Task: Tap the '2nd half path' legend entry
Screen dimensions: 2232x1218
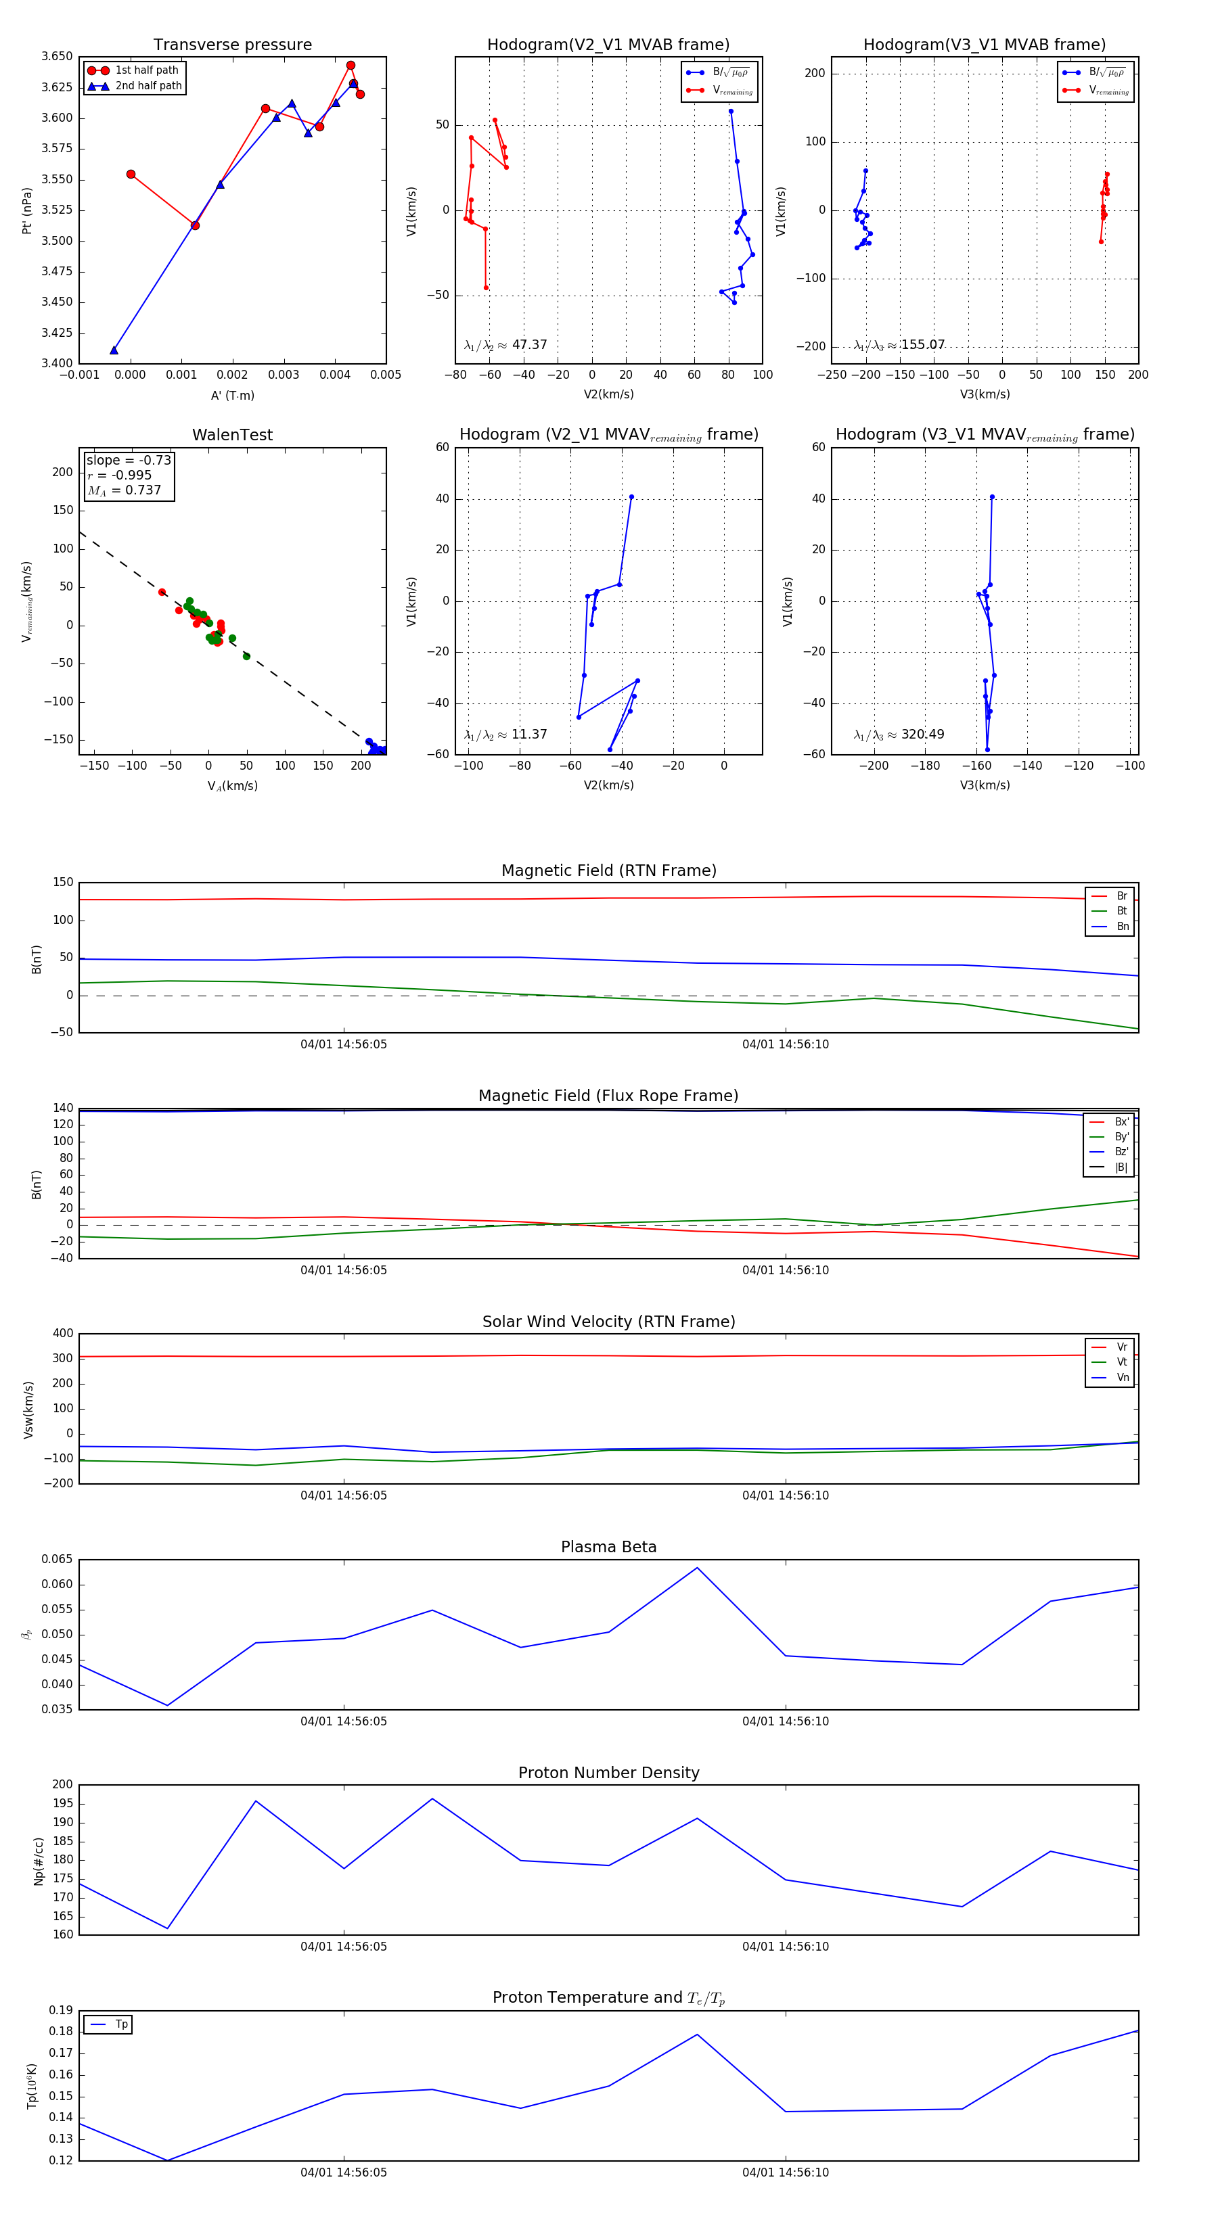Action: (148, 86)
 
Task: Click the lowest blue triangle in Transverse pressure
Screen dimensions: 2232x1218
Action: (114, 350)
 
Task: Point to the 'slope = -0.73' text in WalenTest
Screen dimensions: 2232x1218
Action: (129, 460)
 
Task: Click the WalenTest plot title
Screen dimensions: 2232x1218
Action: (232, 435)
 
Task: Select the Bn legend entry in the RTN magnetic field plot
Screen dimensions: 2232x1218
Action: (1122, 926)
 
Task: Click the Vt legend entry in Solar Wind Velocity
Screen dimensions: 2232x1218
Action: (1122, 1362)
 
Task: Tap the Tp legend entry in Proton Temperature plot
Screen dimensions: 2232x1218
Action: (121, 2025)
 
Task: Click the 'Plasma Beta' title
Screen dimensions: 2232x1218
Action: (608, 1547)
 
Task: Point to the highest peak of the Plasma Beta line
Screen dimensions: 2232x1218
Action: (697, 1567)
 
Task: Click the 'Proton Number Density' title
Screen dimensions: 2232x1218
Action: (608, 1773)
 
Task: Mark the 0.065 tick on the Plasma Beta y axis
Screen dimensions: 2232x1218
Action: (58, 1560)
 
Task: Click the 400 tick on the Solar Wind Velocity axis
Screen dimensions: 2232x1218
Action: (64, 1334)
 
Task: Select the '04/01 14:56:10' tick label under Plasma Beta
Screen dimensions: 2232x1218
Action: (784, 1721)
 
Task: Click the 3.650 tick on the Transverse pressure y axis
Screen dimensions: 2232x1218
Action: (58, 56)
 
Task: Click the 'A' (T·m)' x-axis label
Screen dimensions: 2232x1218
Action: (232, 395)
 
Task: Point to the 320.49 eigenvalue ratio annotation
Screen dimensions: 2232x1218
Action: (922, 735)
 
